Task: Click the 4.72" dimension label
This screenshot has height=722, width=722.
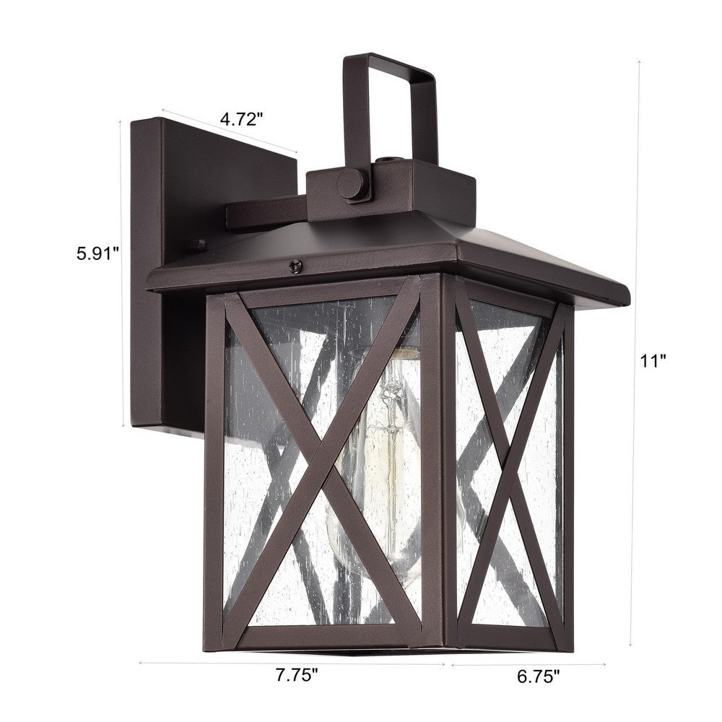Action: [239, 120]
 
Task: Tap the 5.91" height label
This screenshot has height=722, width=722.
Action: [97, 253]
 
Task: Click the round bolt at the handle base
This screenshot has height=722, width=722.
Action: [352, 184]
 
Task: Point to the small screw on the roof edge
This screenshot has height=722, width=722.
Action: [295, 266]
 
